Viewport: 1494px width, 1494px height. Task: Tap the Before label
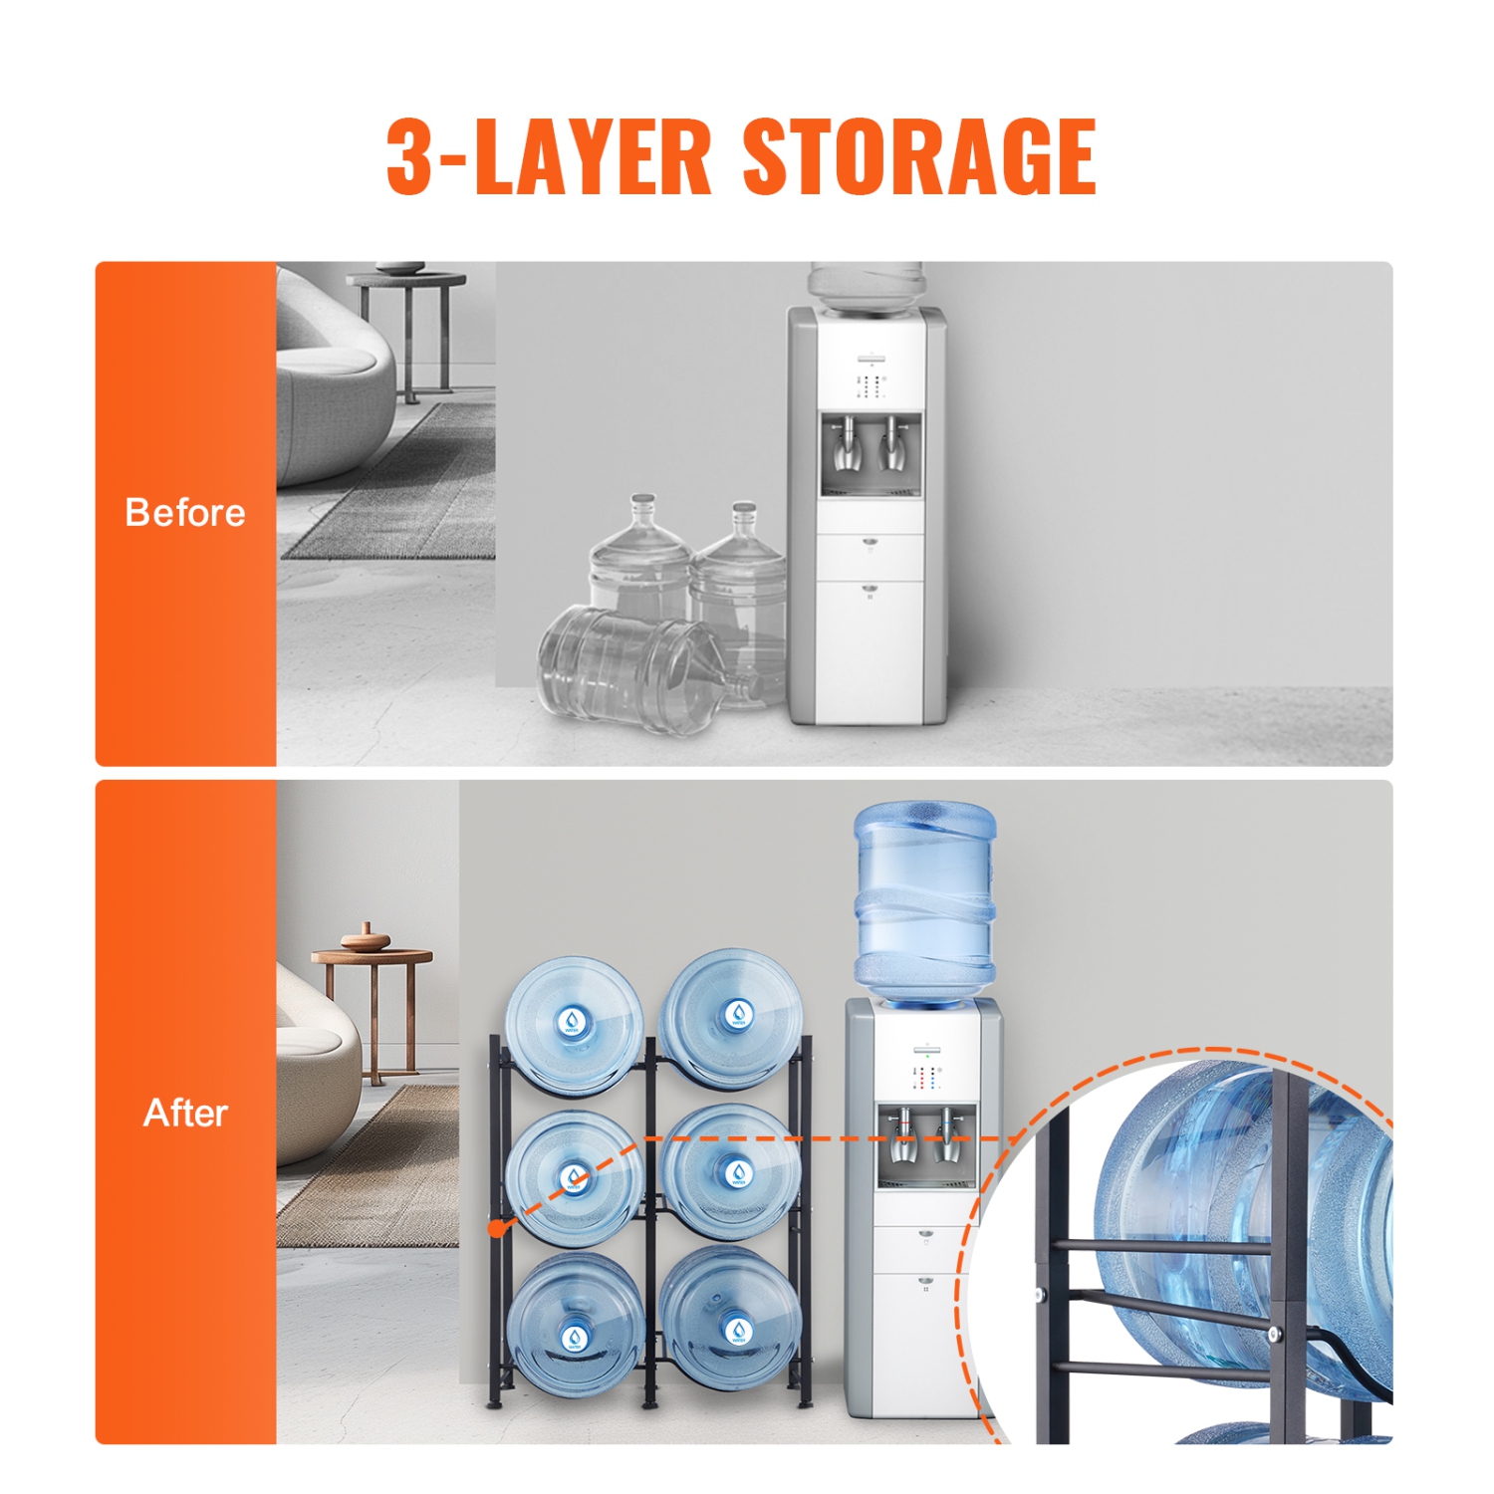tap(185, 513)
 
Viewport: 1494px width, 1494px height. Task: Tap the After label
tap(185, 1113)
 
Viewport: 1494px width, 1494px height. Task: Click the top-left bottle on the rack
tap(573, 1024)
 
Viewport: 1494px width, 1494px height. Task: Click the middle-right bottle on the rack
tap(732, 1172)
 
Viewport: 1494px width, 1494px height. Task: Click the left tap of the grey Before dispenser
tap(847, 446)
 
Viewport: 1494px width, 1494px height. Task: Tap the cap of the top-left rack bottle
tap(573, 1021)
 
